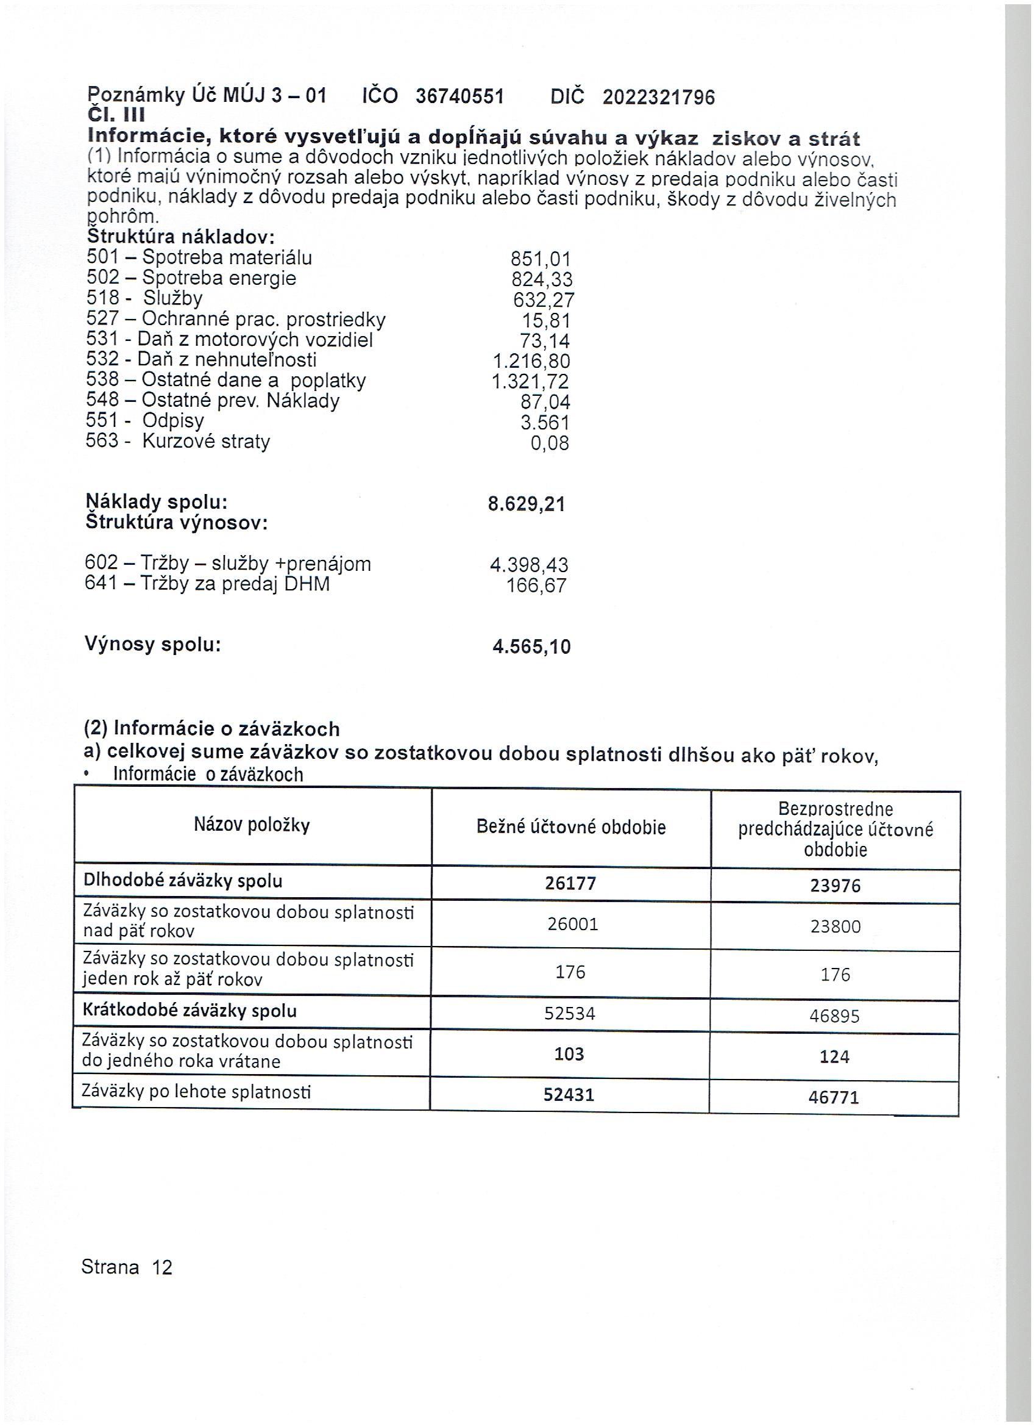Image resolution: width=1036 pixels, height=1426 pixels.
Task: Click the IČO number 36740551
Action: click(460, 96)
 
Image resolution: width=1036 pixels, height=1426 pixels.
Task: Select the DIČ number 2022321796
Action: click(658, 98)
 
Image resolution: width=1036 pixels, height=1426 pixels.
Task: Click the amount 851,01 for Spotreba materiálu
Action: click(541, 259)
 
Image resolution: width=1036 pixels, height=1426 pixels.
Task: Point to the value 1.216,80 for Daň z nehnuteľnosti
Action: click(531, 362)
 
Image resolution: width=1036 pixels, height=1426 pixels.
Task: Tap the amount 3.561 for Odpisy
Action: click(545, 423)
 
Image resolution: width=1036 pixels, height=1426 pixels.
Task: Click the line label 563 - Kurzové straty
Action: click(178, 441)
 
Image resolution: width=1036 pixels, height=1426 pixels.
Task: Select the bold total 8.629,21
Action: click(527, 504)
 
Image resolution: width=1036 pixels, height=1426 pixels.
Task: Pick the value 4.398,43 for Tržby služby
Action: click(529, 565)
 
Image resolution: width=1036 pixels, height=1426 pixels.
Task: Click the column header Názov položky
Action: click(252, 825)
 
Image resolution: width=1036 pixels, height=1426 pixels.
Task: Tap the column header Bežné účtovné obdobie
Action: click(571, 827)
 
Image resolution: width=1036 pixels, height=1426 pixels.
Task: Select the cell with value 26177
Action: click(570, 883)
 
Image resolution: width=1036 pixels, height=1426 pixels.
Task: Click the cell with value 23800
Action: click(836, 926)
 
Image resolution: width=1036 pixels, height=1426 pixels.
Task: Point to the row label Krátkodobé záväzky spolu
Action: click(189, 1011)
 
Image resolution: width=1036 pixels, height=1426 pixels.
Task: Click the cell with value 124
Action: click(834, 1057)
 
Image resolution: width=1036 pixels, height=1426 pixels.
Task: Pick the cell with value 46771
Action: click(834, 1098)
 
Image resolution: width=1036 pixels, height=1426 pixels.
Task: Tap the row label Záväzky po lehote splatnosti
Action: click(196, 1092)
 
